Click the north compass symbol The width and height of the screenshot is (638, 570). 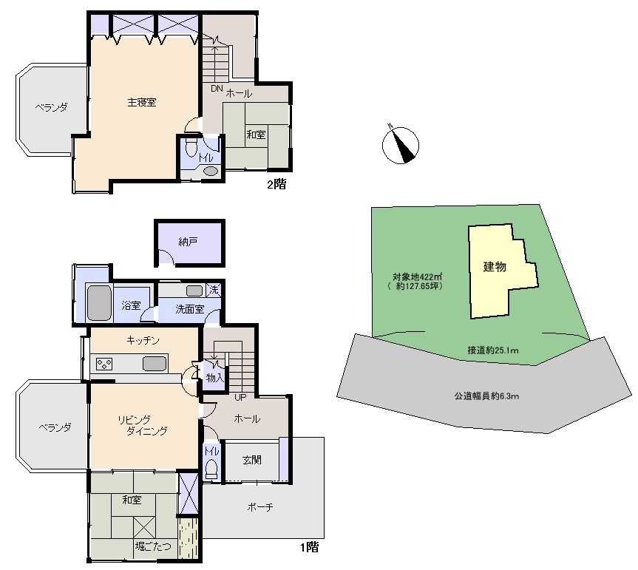click(x=401, y=144)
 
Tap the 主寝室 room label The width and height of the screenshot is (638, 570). click(x=142, y=102)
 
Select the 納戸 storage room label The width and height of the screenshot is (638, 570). click(x=188, y=242)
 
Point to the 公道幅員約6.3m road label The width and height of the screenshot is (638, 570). click(x=486, y=396)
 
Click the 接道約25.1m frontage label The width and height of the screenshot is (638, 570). click(x=493, y=350)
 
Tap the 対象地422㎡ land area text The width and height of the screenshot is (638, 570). click(x=417, y=276)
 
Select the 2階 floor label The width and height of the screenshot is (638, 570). click(x=276, y=184)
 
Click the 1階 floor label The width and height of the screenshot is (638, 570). click(x=310, y=547)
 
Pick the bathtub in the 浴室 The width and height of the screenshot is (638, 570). click(x=99, y=302)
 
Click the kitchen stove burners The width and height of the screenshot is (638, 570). click(x=104, y=364)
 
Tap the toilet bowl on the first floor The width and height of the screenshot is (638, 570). click(x=211, y=469)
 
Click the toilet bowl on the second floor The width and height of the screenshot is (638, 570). click(x=191, y=147)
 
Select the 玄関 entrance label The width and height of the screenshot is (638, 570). click(x=252, y=460)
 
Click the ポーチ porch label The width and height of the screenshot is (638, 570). click(x=260, y=507)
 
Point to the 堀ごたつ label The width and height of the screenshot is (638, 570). click(x=153, y=546)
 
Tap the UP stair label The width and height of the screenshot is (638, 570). click(x=240, y=398)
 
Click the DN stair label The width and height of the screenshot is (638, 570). click(x=217, y=88)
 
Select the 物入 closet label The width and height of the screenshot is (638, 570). click(x=215, y=378)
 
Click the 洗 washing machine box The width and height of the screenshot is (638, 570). click(x=214, y=290)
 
